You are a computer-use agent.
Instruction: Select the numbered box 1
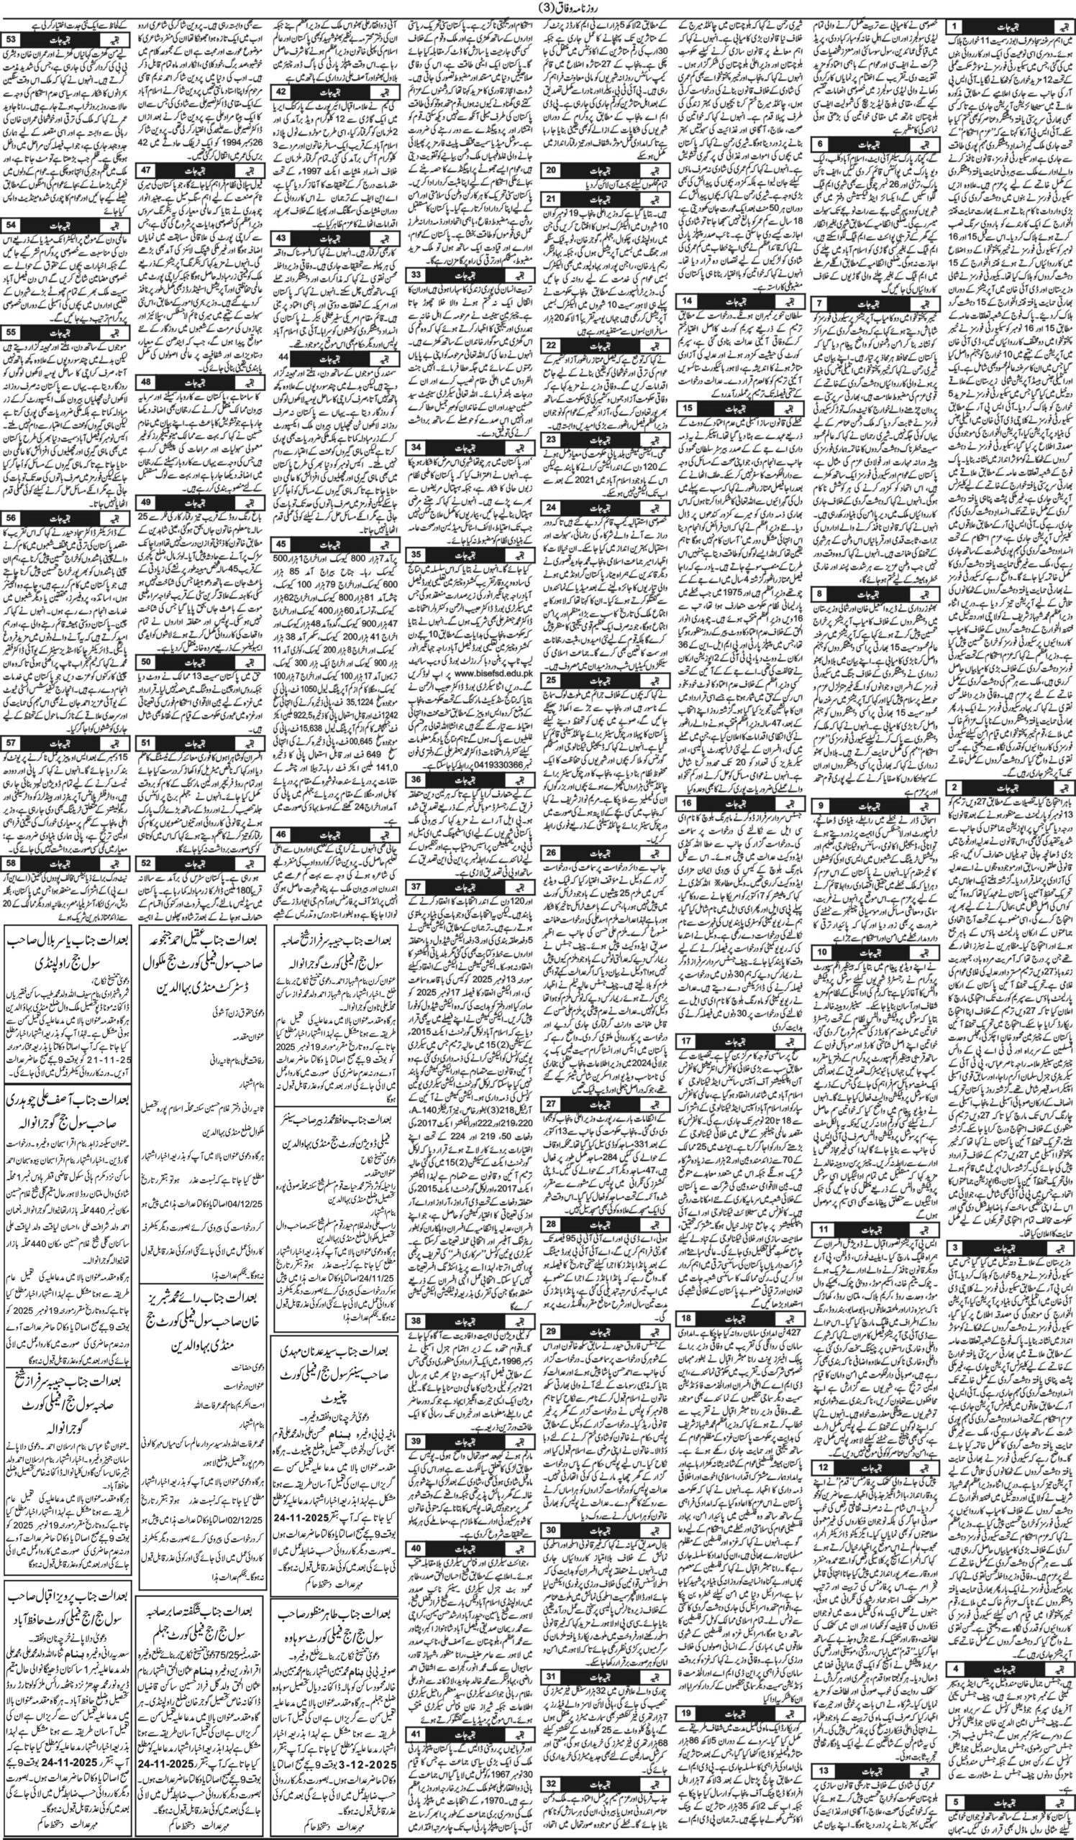(x=954, y=25)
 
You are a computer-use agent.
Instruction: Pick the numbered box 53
(x=12, y=38)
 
